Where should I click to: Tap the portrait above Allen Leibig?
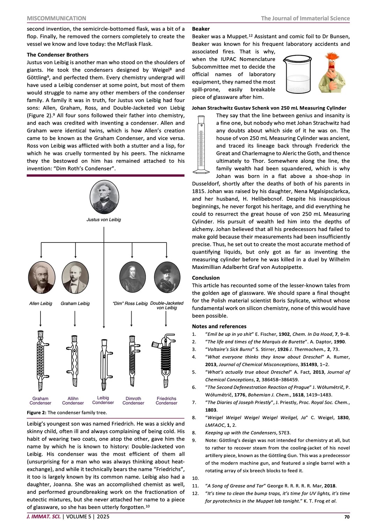click(42, 277)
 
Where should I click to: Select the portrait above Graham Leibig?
click(75, 277)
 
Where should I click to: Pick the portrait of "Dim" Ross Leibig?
click(132, 277)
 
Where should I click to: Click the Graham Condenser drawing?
click(40, 361)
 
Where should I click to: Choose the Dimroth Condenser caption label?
click(133, 401)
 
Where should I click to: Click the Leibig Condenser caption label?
click(103, 400)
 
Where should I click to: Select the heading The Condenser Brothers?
click(58, 55)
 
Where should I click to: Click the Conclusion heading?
click(206, 278)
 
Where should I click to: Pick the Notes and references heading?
click(219, 326)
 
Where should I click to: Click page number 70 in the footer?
click(347, 517)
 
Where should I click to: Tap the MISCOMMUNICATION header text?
click(56, 18)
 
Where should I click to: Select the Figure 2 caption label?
click(36, 413)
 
